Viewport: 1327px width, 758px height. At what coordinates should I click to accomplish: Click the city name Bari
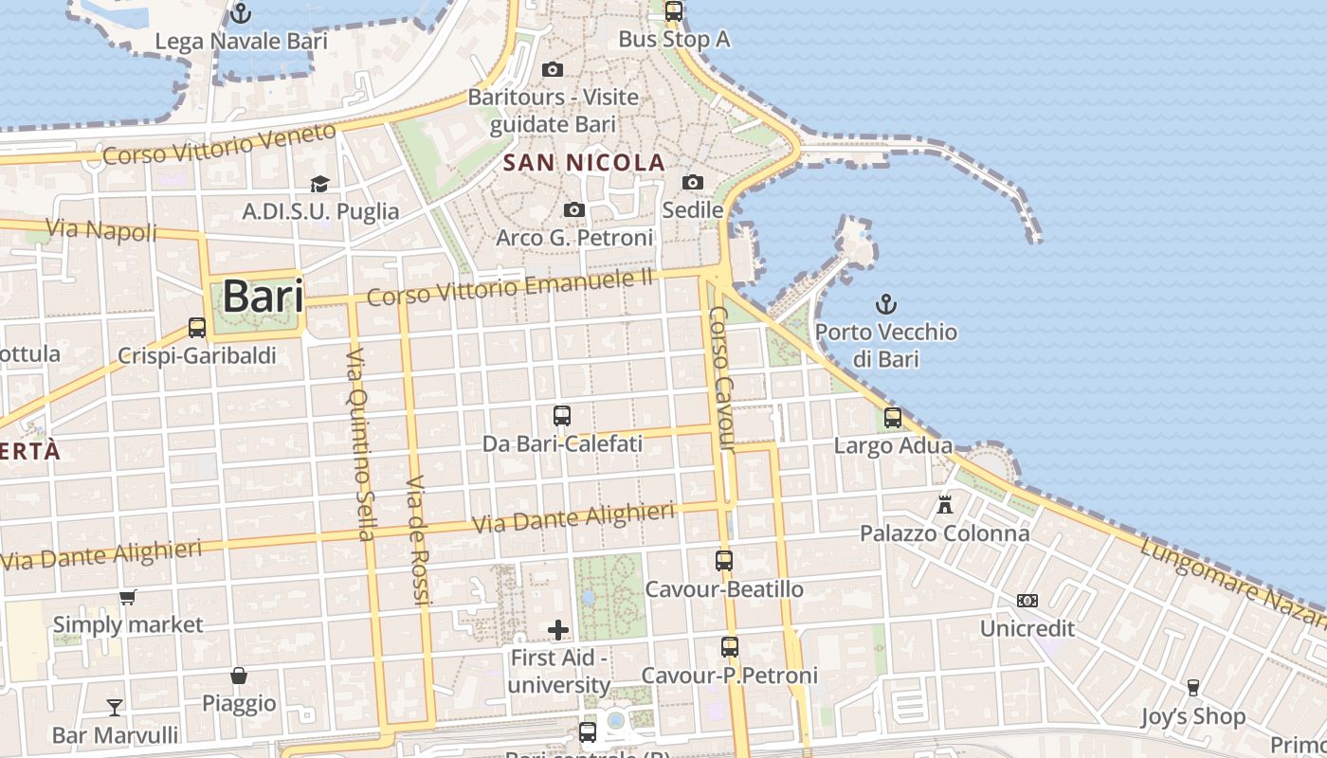263,298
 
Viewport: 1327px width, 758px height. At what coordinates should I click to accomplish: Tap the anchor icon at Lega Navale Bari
241,13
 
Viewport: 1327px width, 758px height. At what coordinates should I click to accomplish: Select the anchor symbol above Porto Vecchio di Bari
885,304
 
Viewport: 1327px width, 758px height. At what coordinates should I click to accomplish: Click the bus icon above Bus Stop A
673,11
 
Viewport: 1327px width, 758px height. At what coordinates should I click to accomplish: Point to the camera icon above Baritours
553,69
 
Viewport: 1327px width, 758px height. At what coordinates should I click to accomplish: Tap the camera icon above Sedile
693,182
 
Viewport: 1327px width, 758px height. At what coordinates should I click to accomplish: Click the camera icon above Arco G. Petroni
573,209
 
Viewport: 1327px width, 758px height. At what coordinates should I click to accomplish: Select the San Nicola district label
584,163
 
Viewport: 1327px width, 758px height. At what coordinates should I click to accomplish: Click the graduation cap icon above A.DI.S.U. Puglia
320,184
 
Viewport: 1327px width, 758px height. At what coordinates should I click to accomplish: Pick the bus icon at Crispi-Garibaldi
197,328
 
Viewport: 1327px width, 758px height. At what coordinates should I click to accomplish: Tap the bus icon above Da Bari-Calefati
562,415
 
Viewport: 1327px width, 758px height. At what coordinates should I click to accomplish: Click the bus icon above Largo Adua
893,417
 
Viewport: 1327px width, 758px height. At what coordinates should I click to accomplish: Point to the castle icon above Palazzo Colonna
945,504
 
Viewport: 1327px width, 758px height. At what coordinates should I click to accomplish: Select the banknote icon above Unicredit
1027,600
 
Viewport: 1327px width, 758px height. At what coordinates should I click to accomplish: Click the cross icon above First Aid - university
558,629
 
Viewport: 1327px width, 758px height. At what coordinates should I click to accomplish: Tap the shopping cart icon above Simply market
128,597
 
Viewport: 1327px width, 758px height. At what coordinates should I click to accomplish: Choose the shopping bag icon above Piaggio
239,676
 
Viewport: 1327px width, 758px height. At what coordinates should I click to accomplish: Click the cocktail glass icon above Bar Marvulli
115,707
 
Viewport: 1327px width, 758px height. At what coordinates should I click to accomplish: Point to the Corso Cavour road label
722,379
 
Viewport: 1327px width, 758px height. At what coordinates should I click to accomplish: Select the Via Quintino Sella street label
359,443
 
